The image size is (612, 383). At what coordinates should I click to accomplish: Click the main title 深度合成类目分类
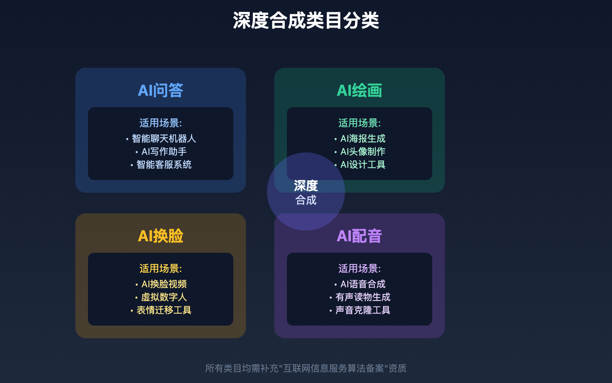(306, 21)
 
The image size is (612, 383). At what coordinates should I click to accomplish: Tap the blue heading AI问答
(161, 91)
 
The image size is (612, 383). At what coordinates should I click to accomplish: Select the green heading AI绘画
(360, 91)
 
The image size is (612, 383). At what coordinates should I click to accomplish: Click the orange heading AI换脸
(161, 236)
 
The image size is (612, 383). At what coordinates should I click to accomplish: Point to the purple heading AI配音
(360, 236)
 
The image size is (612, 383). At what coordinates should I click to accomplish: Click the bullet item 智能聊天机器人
(164, 139)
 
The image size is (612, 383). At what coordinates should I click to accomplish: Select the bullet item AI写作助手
(164, 152)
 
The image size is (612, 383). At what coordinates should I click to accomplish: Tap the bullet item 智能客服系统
(164, 165)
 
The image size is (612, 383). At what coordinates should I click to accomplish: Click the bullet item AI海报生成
(363, 139)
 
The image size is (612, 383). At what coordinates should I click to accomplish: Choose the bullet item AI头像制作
(363, 152)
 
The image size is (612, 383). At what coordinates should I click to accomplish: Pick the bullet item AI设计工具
(363, 165)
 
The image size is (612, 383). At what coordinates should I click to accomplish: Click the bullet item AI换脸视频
(164, 284)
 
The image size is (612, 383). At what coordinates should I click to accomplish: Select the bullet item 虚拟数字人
(164, 297)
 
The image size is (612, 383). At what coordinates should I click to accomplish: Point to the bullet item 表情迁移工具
(164, 310)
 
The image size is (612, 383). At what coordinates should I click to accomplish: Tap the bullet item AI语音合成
(363, 284)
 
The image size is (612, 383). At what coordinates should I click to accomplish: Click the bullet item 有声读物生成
(363, 297)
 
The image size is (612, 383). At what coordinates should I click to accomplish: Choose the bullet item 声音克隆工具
(363, 310)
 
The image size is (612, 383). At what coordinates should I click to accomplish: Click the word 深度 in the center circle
(306, 186)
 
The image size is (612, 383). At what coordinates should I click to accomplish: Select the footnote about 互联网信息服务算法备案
(306, 368)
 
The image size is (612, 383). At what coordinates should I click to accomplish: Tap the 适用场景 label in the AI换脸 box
(161, 268)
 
